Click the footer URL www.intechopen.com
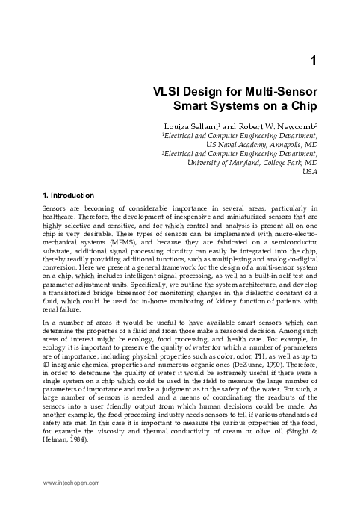click(70, 495)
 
